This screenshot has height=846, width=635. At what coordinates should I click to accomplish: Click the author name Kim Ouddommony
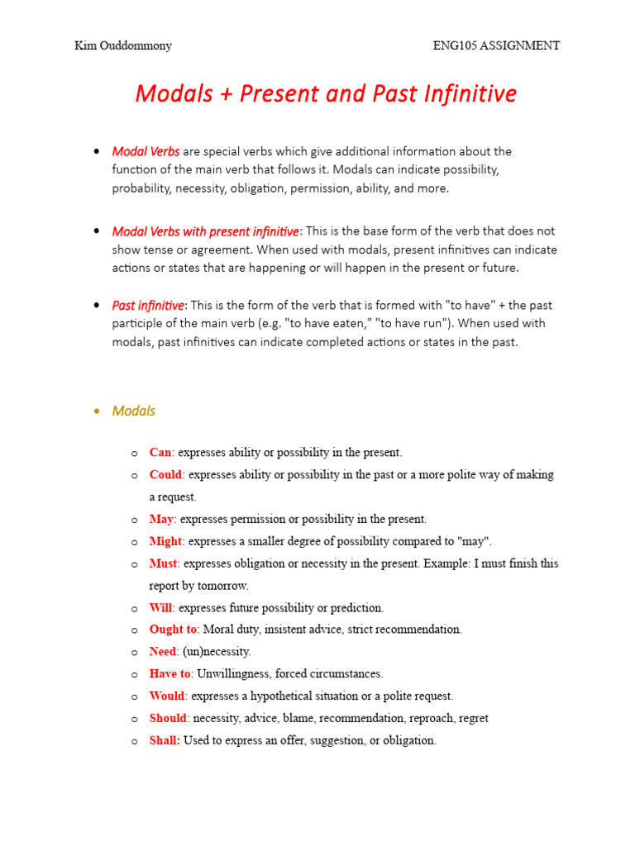123,45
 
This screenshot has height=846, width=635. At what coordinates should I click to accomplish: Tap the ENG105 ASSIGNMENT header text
496,45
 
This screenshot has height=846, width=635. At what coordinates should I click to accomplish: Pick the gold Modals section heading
133,411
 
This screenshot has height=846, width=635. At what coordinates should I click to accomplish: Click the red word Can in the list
160,453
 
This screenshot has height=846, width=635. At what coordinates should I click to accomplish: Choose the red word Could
165,475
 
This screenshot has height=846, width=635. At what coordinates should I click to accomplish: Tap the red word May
161,519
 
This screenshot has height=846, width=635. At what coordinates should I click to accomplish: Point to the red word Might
165,541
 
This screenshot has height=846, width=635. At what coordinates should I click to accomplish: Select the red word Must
163,563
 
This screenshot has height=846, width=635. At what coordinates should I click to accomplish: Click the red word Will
160,607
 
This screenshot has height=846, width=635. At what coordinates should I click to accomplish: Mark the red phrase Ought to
173,630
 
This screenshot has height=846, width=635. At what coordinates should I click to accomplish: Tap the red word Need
164,652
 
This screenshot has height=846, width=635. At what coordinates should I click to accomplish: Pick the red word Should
169,718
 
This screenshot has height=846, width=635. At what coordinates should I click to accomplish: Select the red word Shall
165,740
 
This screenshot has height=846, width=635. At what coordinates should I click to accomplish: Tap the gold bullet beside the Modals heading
98,411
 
